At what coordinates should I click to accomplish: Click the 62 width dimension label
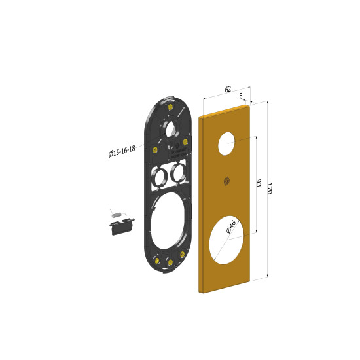[228, 89]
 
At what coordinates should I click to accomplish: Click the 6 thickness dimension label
[241, 96]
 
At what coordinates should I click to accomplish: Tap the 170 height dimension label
[270, 189]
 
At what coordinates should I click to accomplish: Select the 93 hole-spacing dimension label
[259, 183]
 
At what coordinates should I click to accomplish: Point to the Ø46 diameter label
[231, 227]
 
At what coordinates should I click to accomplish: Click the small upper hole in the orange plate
[226, 143]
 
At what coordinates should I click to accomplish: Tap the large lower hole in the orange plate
[226, 240]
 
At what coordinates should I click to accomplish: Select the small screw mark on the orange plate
[226, 181]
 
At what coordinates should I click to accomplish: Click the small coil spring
[116, 215]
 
